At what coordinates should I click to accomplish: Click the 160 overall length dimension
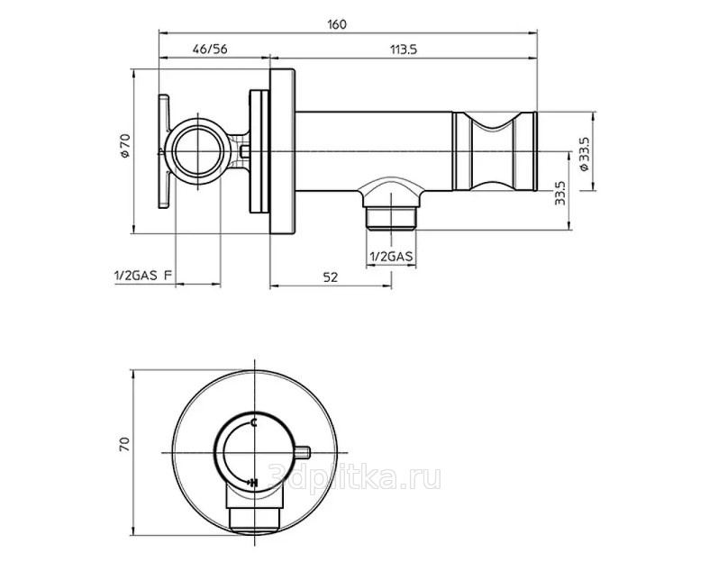(337, 24)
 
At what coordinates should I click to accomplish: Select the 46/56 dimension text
(210, 49)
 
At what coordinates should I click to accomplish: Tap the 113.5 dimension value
(404, 50)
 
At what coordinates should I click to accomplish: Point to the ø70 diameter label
(125, 145)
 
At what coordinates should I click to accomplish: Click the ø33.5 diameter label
(584, 154)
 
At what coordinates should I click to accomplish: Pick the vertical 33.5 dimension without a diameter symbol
(560, 193)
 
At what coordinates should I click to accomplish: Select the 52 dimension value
(331, 277)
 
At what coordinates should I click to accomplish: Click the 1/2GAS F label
(143, 276)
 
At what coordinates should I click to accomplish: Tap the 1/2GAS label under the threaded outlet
(391, 257)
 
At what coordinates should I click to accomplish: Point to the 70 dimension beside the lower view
(124, 444)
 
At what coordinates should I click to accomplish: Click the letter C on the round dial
(254, 423)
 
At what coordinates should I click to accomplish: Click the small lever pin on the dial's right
(303, 451)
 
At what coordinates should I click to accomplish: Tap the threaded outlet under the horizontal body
(391, 218)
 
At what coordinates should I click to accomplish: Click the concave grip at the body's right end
(495, 151)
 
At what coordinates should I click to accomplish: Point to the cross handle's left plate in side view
(163, 151)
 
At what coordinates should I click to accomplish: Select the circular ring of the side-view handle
(197, 151)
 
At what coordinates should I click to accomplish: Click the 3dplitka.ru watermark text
(355, 478)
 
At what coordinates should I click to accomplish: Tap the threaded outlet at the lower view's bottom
(256, 519)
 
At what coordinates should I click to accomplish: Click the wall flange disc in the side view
(283, 151)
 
